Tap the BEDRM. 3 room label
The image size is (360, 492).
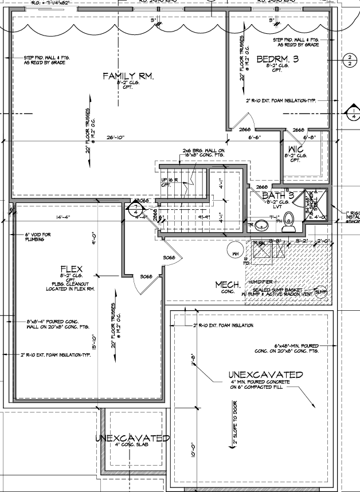[x=279, y=59]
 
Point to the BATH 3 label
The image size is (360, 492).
[x=278, y=196]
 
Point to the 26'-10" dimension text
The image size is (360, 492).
[x=115, y=138]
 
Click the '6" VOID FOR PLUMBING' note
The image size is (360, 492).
[x=38, y=237]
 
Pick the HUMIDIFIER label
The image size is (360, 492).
[x=261, y=283]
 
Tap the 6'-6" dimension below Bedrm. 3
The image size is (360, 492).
[x=255, y=138]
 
